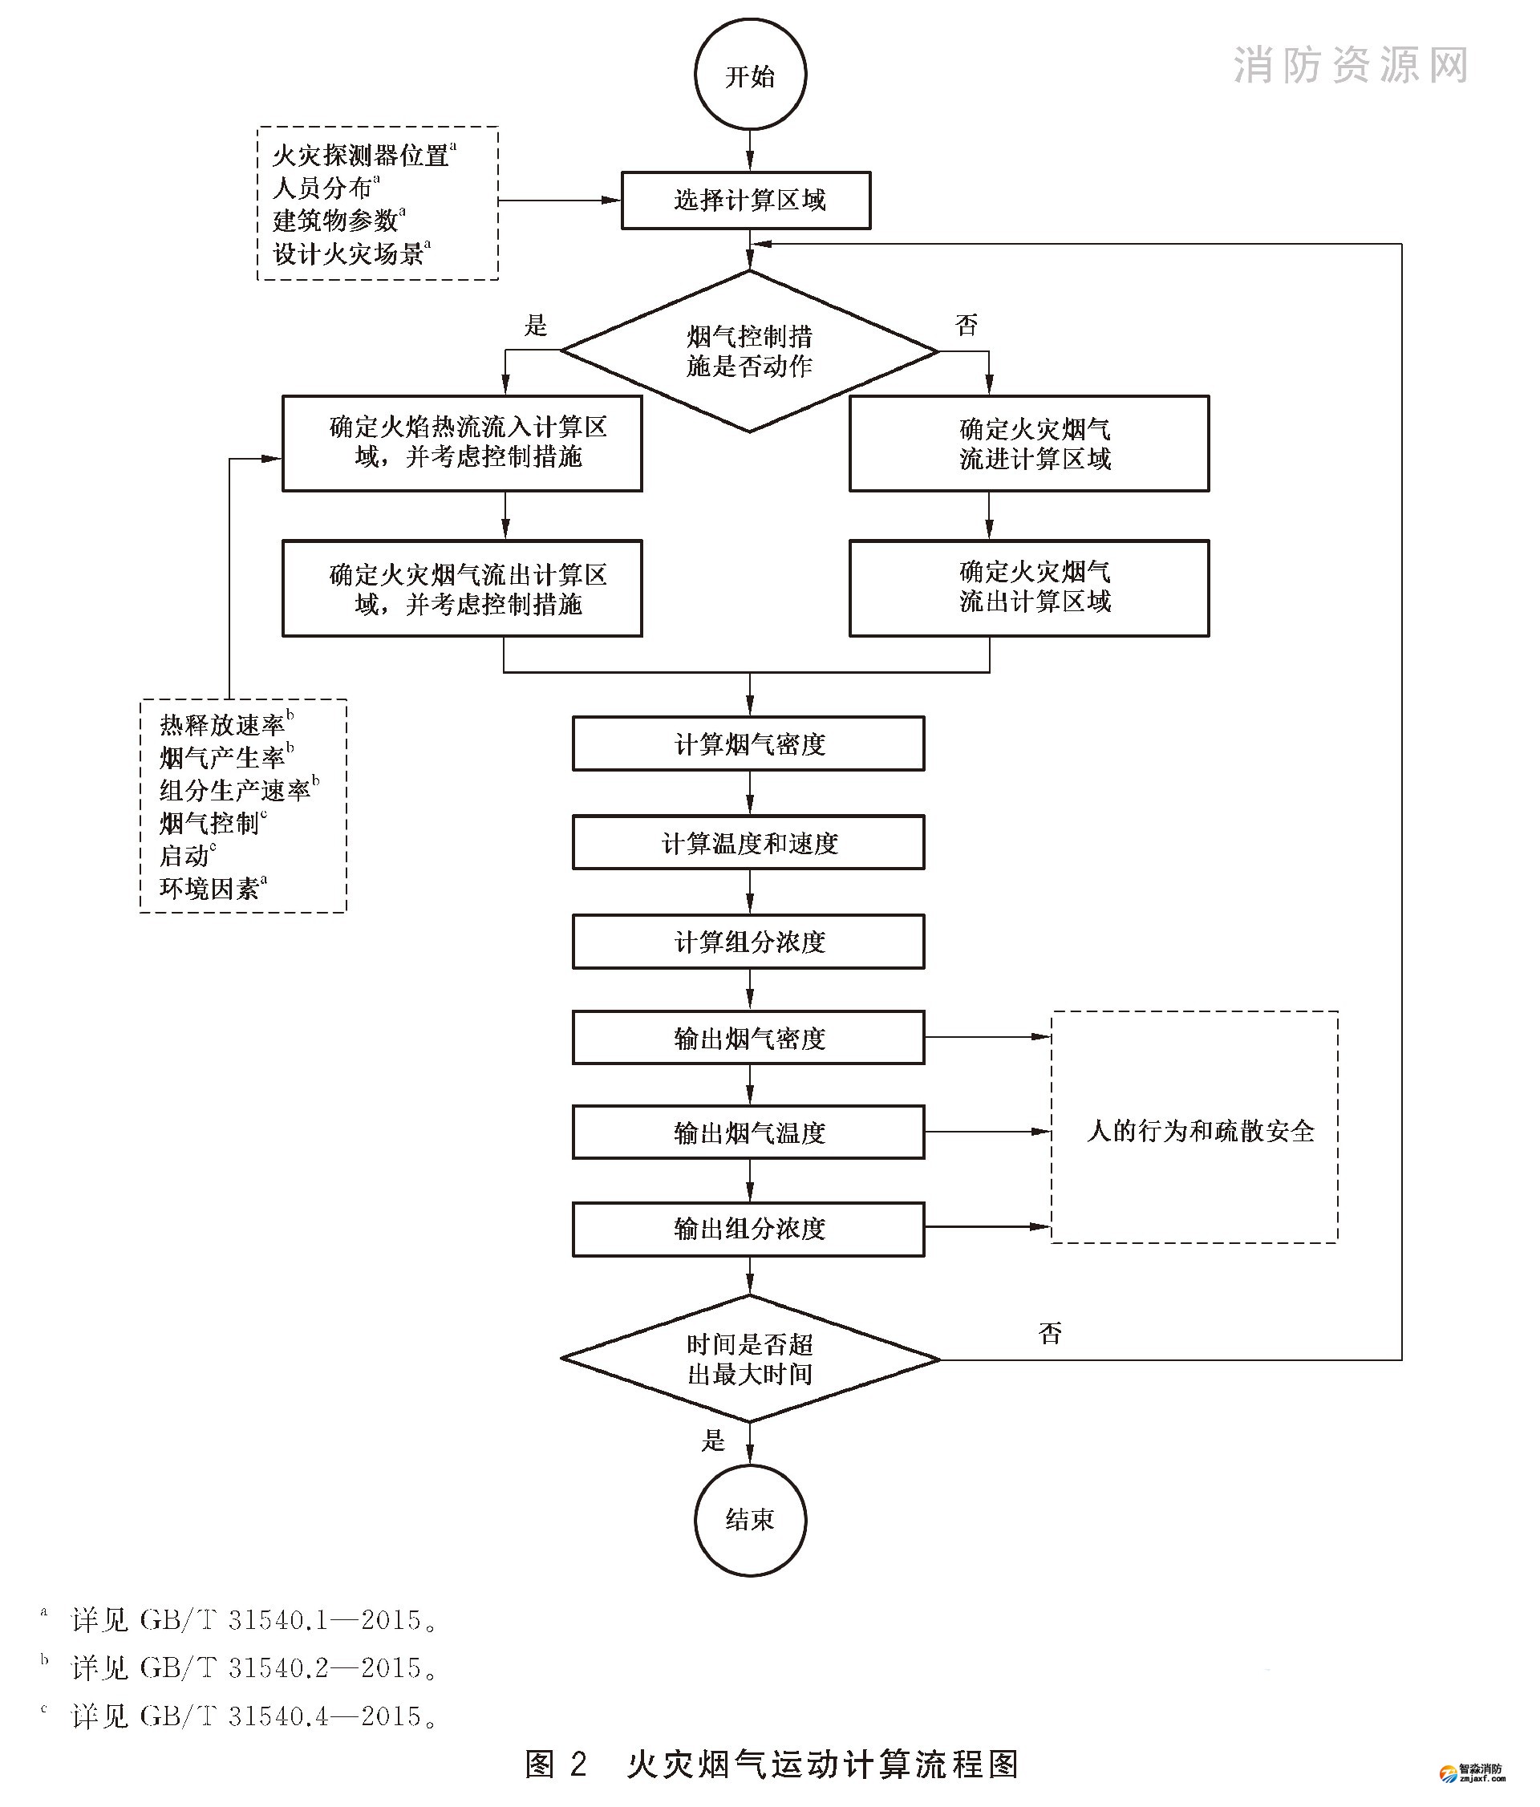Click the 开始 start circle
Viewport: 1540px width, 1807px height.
750,76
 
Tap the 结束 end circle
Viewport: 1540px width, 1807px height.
750,1520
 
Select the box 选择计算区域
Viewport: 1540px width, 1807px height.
747,201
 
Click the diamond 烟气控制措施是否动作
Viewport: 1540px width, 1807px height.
749,351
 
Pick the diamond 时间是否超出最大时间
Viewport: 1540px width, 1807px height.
750,1359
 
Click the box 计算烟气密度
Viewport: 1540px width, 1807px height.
748,744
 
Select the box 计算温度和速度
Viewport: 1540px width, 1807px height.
748,842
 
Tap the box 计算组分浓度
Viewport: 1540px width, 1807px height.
748,942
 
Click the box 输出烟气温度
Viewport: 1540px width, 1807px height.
748,1132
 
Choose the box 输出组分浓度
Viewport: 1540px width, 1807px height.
748,1229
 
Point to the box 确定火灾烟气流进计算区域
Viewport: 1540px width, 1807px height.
1029,444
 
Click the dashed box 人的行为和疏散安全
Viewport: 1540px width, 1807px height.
1194,1130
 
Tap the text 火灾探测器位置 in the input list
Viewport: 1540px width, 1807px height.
360,156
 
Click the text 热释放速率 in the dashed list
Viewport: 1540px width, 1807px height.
222,725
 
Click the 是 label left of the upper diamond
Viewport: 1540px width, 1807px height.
536,326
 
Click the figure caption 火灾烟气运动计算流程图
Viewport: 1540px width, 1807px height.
821,1764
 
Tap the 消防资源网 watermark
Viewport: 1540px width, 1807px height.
1351,66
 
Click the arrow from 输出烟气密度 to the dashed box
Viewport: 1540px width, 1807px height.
987,1037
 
